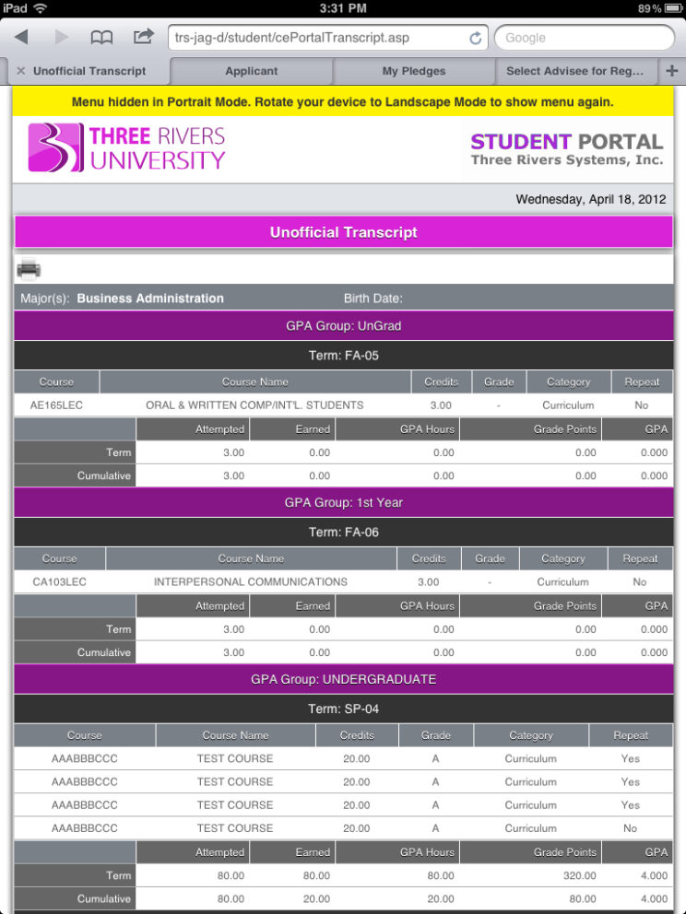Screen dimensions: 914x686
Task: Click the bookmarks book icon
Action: (101, 37)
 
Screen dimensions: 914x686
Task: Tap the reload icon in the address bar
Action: (476, 38)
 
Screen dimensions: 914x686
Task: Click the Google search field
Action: (585, 38)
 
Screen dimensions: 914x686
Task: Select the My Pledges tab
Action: (414, 71)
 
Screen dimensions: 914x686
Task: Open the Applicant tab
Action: (251, 71)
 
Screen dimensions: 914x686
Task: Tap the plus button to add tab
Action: (671, 71)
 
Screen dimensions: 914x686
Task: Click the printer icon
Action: (29, 269)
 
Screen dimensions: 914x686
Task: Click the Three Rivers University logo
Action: (126, 147)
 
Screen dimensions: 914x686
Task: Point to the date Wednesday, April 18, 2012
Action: (593, 199)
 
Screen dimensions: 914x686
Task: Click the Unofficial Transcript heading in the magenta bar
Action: (343, 232)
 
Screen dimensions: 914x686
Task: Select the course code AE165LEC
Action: (56, 405)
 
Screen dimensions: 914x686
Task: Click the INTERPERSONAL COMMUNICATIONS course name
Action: (251, 582)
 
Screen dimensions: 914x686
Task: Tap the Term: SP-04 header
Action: (343, 709)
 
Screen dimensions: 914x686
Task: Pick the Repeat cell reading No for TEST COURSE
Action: (630, 828)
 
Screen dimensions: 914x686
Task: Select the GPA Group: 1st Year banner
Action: (343, 502)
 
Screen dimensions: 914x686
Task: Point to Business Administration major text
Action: (150, 299)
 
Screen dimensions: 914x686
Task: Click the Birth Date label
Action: (373, 299)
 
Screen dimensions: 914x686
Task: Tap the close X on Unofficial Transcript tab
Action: (20, 71)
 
